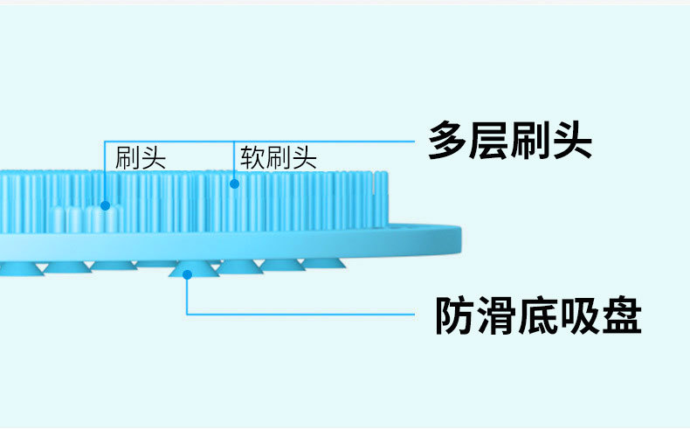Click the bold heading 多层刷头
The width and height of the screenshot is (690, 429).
click(509, 141)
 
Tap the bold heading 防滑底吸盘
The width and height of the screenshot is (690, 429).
click(538, 315)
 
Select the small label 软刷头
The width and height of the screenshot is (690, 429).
click(279, 158)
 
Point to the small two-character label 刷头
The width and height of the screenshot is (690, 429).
click(140, 158)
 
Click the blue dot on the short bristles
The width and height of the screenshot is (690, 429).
click(105, 206)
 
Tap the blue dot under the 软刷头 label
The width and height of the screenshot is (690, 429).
click(233, 183)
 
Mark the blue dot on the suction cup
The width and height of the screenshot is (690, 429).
click(187, 273)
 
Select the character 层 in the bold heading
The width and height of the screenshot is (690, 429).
click(489, 141)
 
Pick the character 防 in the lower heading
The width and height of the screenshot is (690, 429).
click(456, 315)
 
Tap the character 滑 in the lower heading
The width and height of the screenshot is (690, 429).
click(498, 315)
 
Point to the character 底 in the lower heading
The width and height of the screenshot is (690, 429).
click(539, 315)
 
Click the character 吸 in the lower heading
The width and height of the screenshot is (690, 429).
click(580, 315)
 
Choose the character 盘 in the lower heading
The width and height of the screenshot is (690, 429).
click(621, 315)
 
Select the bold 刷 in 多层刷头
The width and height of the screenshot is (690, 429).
click(530, 141)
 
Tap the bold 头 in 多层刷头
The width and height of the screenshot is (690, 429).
click(572, 141)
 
